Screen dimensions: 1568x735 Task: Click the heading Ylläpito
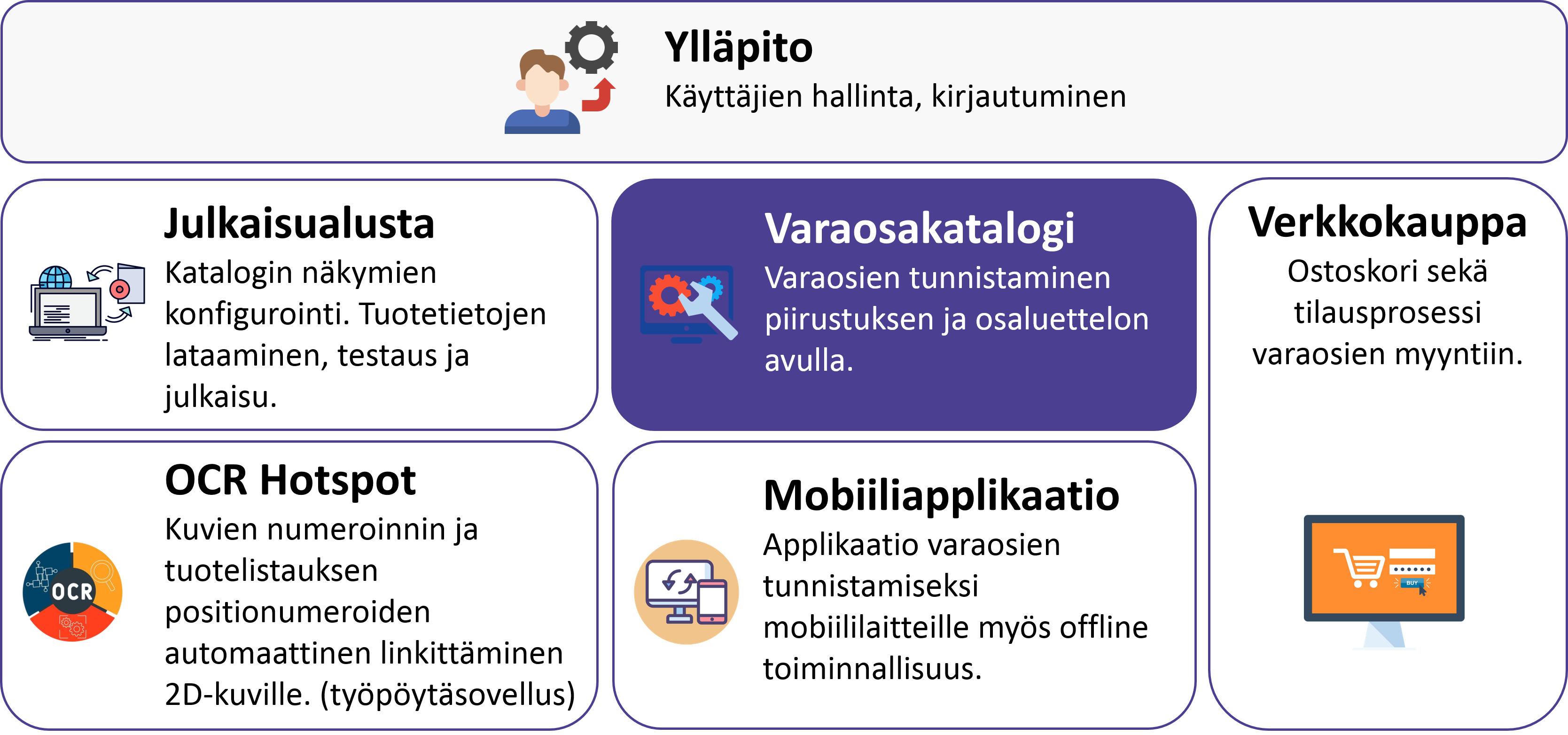point(738,47)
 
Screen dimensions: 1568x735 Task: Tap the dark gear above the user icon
point(591,47)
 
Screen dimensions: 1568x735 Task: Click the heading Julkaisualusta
point(299,224)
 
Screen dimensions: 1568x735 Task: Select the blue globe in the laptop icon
point(55,278)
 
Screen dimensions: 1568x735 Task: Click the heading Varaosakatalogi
point(919,229)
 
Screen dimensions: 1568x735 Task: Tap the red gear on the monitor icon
point(669,295)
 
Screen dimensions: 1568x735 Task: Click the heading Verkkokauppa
point(1387,222)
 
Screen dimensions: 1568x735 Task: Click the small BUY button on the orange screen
point(1412,583)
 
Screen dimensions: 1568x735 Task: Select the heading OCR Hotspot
point(290,480)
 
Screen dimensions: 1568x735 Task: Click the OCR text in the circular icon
point(72,591)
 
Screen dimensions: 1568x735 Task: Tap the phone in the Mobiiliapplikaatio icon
point(712,601)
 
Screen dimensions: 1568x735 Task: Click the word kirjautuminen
point(1029,97)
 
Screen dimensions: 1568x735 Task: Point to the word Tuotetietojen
point(453,314)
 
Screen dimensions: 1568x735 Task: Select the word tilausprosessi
point(1387,313)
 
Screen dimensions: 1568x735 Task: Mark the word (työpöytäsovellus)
point(447,695)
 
